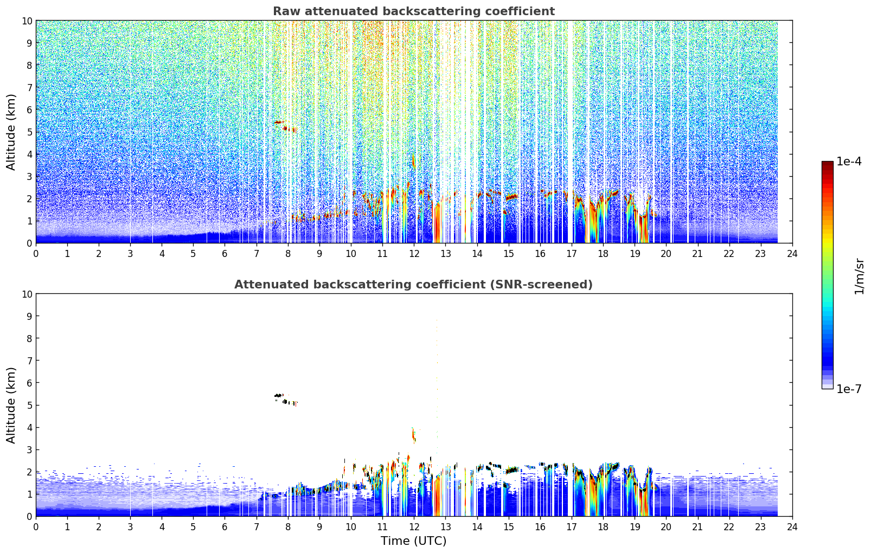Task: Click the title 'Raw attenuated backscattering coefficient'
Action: coord(414,11)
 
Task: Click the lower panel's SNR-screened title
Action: coord(413,285)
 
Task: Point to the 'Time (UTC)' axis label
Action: coord(413,541)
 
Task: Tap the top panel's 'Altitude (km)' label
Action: coord(11,132)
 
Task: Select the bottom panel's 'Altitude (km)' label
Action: coord(11,406)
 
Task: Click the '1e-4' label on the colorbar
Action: coord(849,161)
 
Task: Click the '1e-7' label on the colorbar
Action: coord(849,389)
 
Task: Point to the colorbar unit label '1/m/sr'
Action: coord(859,276)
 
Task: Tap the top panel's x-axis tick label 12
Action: coord(414,254)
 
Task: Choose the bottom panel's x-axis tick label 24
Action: coord(792,528)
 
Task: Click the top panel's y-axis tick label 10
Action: coord(27,21)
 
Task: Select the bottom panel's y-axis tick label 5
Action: coord(29,406)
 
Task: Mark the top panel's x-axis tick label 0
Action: coord(36,254)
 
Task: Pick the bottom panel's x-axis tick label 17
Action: coord(572,528)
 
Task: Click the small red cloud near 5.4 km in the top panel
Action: coord(278,123)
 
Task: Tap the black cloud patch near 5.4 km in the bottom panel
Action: coord(278,396)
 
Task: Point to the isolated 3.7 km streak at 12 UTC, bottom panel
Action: coord(414,435)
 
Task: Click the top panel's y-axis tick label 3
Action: coord(29,177)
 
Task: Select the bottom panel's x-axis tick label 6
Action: coord(225,528)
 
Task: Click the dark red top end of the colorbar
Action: coord(828,164)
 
